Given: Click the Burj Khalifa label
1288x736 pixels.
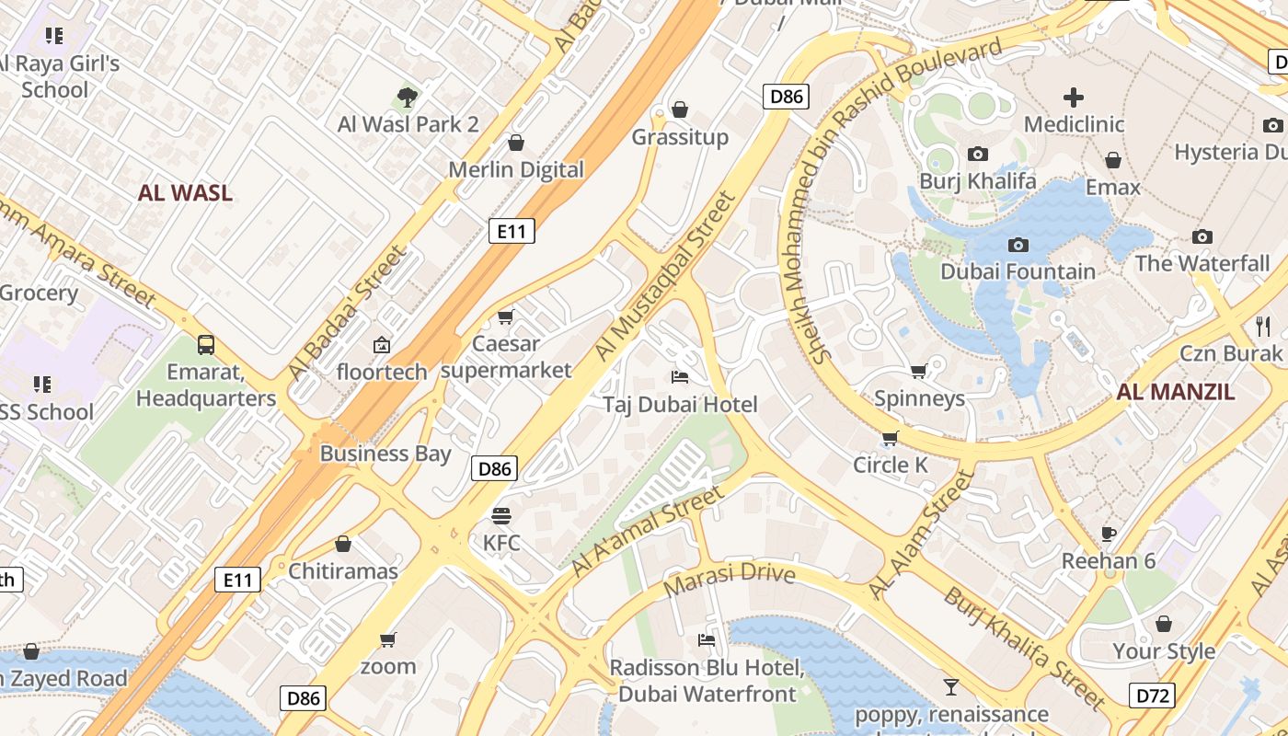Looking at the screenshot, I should pyautogui.click(x=977, y=180).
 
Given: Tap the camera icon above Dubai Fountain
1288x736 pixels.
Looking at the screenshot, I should pyautogui.click(x=1018, y=245).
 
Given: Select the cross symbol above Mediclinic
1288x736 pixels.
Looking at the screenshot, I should pyautogui.click(x=1074, y=98).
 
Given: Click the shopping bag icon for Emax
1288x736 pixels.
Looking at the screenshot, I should pyautogui.click(x=1113, y=161).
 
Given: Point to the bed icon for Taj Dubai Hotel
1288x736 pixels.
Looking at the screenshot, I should pyautogui.click(x=680, y=377).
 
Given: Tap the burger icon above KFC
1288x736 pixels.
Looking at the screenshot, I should pyautogui.click(x=501, y=516).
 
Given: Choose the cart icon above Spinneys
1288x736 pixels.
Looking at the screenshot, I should pyautogui.click(x=918, y=372).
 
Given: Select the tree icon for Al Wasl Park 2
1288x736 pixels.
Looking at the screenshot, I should pyautogui.click(x=408, y=97).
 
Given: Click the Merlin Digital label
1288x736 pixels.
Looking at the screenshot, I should pyautogui.click(x=516, y=169).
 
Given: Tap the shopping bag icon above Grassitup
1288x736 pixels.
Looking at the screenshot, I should pyautogui.click(x=680, y=110).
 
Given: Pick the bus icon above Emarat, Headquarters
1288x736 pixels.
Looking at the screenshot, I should pyautogui.click(x=206, y=345).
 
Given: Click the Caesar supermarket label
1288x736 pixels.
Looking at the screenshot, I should pyautogui.click(x=505, y=357).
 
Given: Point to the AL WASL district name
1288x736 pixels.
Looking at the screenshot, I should pyautogui.click(x=185, y=193).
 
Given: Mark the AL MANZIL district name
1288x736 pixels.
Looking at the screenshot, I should pyautogui.click(x=1175, y=392).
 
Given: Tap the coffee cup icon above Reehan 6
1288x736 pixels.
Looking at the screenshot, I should pyautogui.click(x=1109, y=535).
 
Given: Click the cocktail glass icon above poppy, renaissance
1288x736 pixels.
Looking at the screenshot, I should pyautogui.click(x=951, y=687).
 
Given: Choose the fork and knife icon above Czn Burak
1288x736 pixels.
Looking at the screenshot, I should pyautogui.click(x=1263, y=326).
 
